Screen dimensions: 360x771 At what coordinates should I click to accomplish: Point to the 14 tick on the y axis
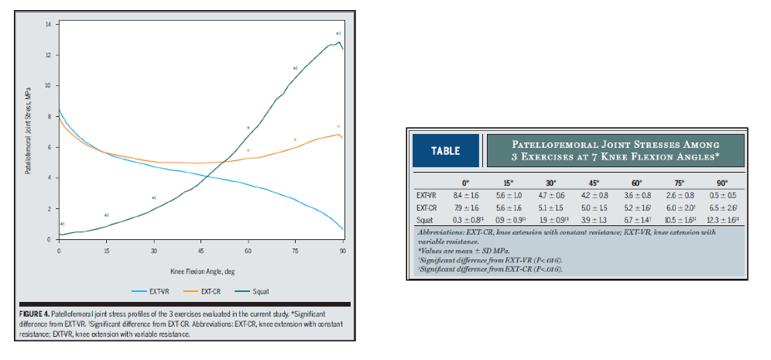pyautogui.click(x=47, y=25)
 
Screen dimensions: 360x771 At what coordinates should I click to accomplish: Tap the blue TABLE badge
pyautogui.click(x=445, y=151)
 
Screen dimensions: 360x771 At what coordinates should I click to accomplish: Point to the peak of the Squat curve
pyautogui.click(x=338, y=43)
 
